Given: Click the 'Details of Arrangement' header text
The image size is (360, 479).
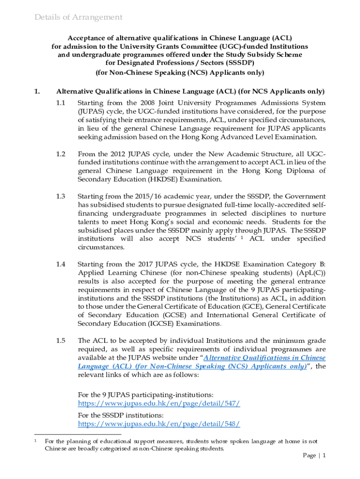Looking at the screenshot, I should pyautogui.click(x=79, y=17).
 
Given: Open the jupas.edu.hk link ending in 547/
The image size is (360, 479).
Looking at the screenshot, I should pyautogui.click(x=159, y=403).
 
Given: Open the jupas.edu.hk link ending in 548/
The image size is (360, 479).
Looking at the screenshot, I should pyautogui.click(x=159, y=424).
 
